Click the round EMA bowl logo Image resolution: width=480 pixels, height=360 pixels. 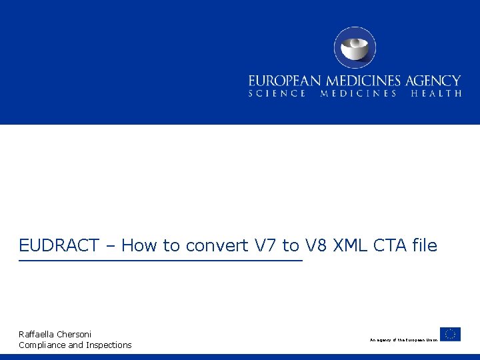(x=355, y=47)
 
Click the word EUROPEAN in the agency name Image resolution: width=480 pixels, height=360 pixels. (x=281, y=81)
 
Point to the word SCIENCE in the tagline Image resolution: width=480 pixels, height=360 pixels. (x=277, y=94)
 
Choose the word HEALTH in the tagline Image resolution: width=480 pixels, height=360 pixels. (x=436, y=94)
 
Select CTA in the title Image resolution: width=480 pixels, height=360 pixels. (x=391, y=246)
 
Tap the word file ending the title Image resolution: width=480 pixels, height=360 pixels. (x=425, y=246)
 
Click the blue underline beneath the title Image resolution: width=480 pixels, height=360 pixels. (x=160, y=260)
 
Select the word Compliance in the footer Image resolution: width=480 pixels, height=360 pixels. (x=42, y=345)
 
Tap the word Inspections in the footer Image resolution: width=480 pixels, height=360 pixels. (x=109, y=345)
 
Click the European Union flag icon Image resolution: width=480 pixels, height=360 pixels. (x=450, y=334)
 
